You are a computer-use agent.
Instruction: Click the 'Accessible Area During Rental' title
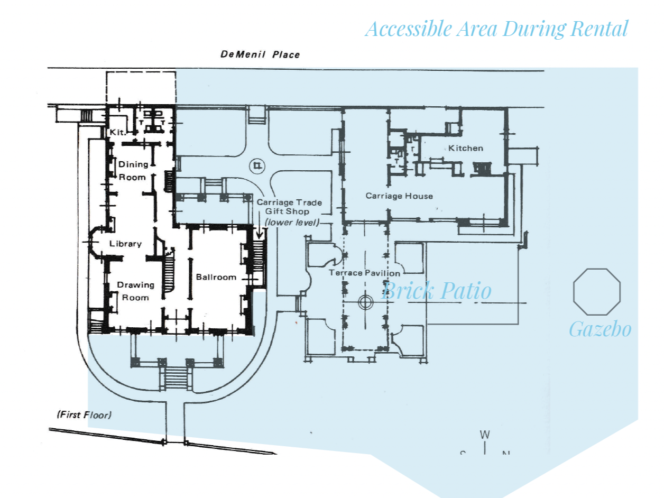[496, 29]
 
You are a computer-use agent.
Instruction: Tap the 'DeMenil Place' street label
[260, 54]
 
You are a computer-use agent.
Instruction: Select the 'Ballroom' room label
[216, 277]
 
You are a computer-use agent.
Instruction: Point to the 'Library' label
[125, 244]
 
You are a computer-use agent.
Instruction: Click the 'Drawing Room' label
[135, 291]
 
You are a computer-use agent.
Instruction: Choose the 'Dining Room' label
[133, 171]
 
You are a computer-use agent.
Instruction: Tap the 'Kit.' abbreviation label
[117, 133]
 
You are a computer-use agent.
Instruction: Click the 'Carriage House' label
[399, 196]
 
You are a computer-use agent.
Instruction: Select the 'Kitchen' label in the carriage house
[466, 148]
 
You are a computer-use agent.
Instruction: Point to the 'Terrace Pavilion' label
[365, 273]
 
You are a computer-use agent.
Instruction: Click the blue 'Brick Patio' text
[436, 291]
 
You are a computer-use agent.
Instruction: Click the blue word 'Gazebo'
[600, 329]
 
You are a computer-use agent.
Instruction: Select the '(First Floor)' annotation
[84, 414]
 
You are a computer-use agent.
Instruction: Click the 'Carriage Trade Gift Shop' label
[289, 207]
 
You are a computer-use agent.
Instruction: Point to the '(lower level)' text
[292, 223]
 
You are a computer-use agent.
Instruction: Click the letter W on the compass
[485, 435]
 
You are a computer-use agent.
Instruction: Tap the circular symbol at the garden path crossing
[257, 165]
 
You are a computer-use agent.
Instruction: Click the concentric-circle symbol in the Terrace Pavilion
[365, 302]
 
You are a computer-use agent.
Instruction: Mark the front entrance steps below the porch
[175, 377]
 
